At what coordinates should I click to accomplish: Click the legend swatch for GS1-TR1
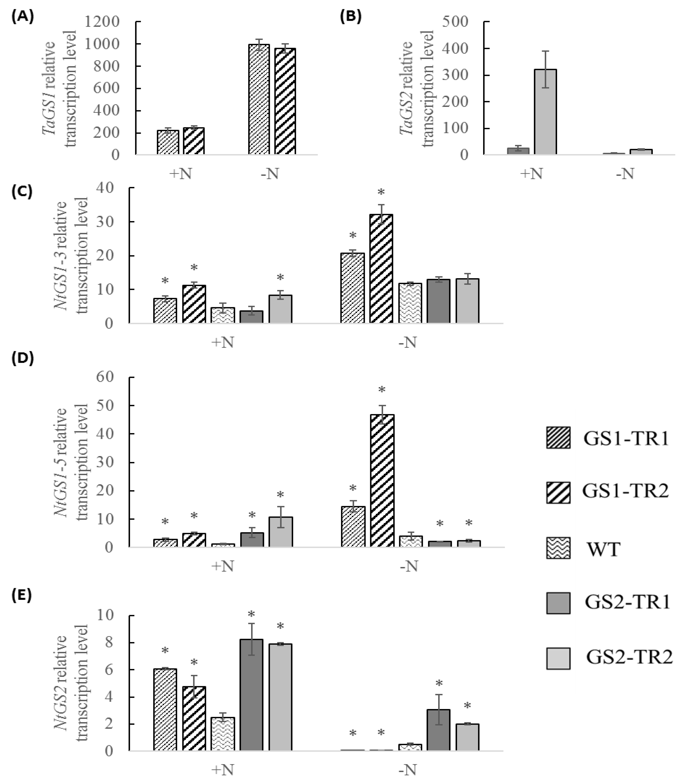click(558, 438)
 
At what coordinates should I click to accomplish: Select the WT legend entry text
click(604, 549)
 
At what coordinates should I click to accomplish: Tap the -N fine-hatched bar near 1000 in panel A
click(259, 99)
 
